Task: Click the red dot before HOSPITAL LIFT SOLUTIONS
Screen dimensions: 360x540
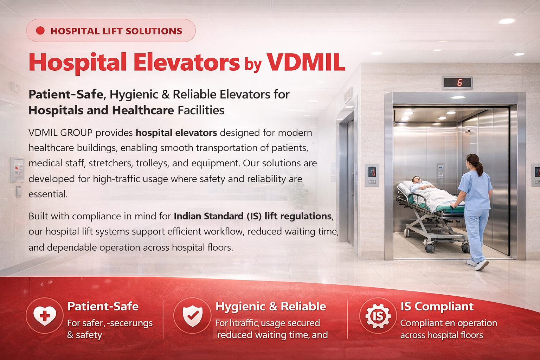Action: [40, 31]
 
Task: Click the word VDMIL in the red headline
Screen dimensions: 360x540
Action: [306, 62]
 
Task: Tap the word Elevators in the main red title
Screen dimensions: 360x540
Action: [186, 62]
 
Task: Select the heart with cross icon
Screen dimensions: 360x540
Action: [45, 315]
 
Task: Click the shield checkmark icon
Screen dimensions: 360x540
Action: [192, 315]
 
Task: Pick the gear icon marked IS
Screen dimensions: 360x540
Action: [378, 315]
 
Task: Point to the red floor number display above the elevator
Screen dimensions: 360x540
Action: [457, 83]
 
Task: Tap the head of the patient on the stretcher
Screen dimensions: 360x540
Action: [416, 180]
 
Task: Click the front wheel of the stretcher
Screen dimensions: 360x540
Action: [429, 248]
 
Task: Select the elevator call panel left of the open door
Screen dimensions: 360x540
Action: [372, 175]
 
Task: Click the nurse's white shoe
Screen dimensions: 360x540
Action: [482, 265]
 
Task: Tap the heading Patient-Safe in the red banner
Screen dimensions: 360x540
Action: [103, 306]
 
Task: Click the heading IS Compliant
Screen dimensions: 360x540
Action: [437, 306]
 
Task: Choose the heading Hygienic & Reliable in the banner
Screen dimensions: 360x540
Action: [271, 306]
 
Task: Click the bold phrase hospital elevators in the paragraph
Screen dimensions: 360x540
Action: [176, 133]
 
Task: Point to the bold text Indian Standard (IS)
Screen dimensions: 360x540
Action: [218, 216]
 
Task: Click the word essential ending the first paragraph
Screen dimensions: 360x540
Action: [48, 194]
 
